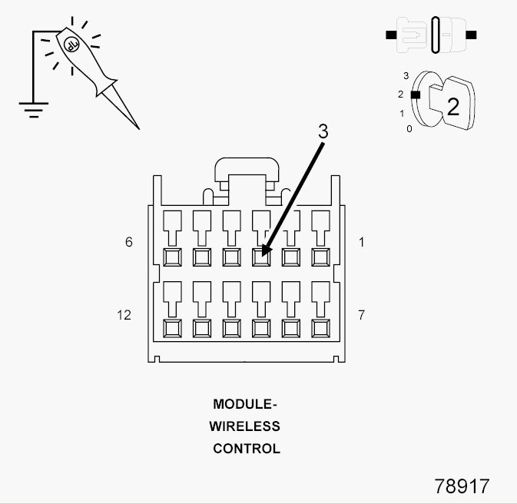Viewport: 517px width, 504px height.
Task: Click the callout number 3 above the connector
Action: (x=323, y=131)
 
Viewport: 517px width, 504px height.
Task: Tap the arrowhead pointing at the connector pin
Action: (x=266, y=250)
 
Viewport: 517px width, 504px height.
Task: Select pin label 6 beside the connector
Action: (x=129, y=242)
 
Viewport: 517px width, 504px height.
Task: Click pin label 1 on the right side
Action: (x=362, y=243)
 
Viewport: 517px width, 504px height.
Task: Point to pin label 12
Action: (x=124, y=315)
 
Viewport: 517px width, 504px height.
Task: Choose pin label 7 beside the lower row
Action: (x=361, y=315)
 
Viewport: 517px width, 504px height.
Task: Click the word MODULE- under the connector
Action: (x=245, y=404)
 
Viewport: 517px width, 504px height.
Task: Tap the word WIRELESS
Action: (x=244, y=426)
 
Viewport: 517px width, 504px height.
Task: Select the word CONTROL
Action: (x=247, y=449)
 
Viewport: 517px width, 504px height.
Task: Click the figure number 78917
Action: (x=462, y=486)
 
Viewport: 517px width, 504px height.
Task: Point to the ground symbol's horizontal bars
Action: (x=34, y=110)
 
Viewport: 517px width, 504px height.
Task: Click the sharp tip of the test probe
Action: (x=139, y=129)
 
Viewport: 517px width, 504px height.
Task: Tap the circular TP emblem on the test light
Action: (x=71, y=45)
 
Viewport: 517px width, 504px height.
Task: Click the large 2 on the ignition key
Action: (x=453, y=107)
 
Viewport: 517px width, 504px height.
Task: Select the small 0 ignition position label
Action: (x=409, y=129)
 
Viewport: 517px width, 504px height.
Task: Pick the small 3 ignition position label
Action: (x=406, y=76)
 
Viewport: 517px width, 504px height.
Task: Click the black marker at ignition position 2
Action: (x=416, y=94)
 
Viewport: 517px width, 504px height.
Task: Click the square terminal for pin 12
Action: (x=172, y=329)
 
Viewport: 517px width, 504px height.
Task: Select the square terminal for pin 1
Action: (x=320, y=257)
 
